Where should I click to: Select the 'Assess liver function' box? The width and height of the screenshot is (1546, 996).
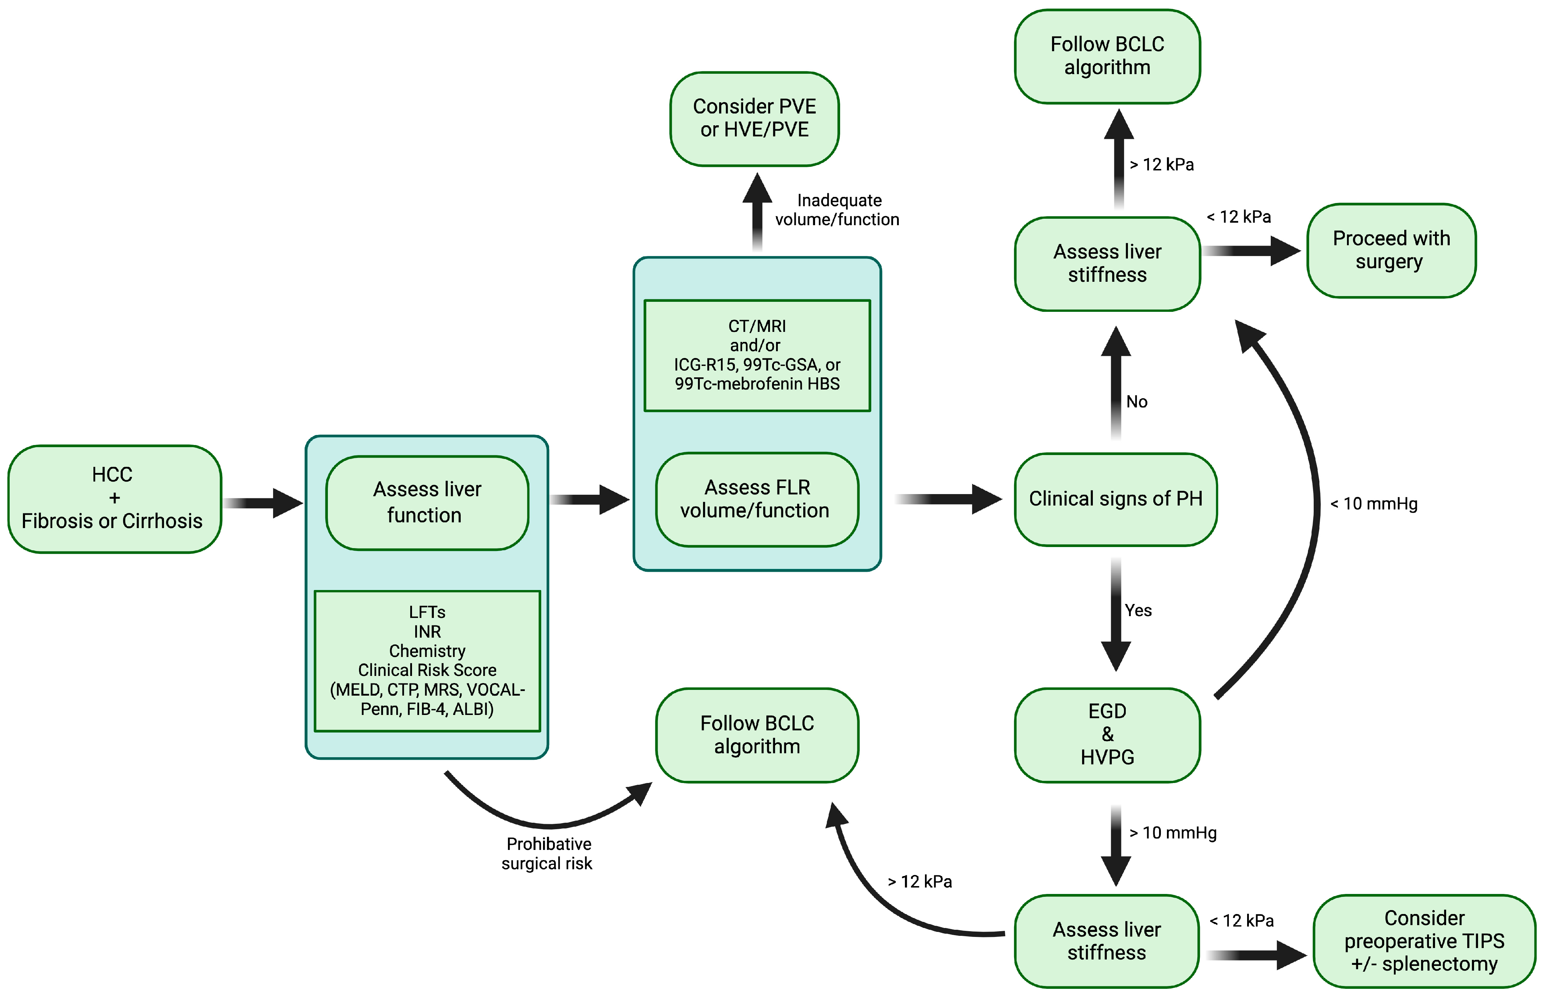pos(427,503)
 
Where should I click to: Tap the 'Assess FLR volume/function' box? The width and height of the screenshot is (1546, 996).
pos(756,499)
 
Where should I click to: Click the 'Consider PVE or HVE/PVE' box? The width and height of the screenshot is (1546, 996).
pos(754,119)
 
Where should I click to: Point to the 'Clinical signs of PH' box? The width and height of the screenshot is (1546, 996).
pos(1115,499)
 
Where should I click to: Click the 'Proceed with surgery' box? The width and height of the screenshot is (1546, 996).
pos(1391,250)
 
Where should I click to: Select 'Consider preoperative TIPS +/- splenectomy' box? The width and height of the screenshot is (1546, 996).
pos(1424,941)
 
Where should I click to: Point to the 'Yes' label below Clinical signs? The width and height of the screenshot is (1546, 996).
pos(1138,610)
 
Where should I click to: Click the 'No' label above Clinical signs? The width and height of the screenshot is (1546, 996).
pos(1137,402)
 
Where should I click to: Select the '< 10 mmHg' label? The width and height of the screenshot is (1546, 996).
pos(1373,504)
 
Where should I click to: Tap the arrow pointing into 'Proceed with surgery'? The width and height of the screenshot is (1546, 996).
pos(1251,251)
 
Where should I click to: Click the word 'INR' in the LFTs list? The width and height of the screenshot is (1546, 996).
pos(427,631)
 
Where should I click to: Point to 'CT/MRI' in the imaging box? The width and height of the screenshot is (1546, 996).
pos(756,326)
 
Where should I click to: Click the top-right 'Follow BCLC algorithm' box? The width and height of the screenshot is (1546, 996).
pos(1107,56)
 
